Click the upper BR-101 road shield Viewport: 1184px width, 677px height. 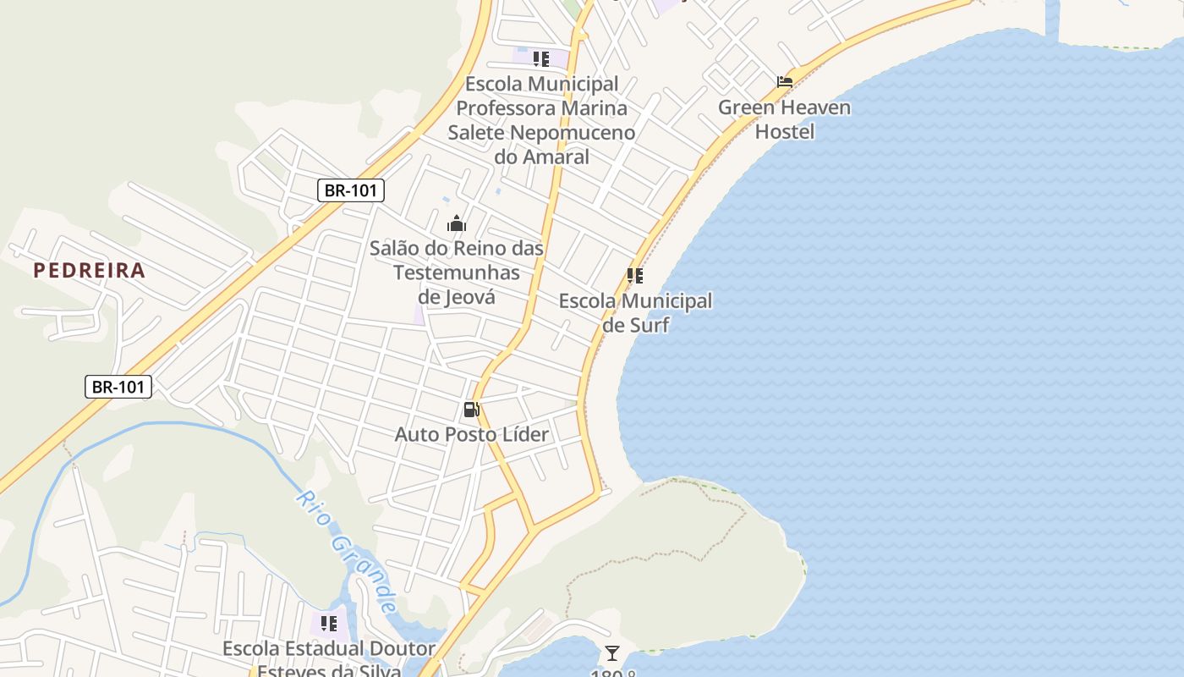pyautogui.click(x=351, y=190)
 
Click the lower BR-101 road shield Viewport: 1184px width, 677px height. pyautogui.click(x=118, y=387)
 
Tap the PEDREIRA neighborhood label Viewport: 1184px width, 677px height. pyautogui.click(x=89, y=271)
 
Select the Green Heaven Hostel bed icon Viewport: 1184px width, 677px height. pyautogui.click(x=785, y=82)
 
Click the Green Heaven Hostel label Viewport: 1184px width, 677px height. pyautogui.click(x=785, y=119)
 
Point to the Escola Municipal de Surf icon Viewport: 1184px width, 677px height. pyautogui.click(x=635, y=276)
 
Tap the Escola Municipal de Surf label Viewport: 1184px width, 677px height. pyautogui.click(x=635, y=313)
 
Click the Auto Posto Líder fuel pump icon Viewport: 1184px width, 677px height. pyautogui.click(x=471, y=410)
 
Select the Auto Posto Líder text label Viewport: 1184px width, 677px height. pyautogui.click(x=472, y=435)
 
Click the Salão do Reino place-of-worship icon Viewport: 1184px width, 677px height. pyautogui.click(x=457, y=223)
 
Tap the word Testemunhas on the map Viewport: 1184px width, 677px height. pyautogui.click(x=457, y=272)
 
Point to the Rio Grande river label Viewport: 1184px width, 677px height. pyautogui.click(x=348, y=550)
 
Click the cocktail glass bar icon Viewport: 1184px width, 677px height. pyautogui.click(x=612, y=653)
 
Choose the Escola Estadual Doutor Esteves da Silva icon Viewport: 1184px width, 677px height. pyautogui.click(x=329, y=624)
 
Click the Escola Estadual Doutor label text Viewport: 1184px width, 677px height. pyautogui.click(x=329, y=649)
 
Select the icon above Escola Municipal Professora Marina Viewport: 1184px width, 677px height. pyautogui.click(x=541, y=59)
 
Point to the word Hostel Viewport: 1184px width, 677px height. pyautogui.click(x=785, y=132)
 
